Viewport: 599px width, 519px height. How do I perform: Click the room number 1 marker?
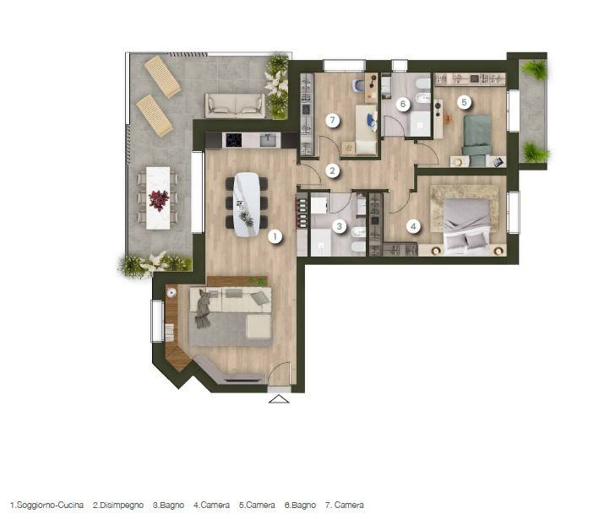(x=275, y=236)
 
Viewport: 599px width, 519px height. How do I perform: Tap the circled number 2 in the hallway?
(x=332, y=170)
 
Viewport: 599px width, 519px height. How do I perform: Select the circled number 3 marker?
(x=340, y=226)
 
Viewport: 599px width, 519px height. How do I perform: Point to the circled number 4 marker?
(x=413, y=226)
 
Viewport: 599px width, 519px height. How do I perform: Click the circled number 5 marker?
(x=464, y=102)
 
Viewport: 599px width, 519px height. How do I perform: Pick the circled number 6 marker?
(x=403, y=104)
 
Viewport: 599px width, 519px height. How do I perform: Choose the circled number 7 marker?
(x=333, y=121)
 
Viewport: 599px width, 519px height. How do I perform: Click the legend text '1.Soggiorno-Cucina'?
(x=46, y=505)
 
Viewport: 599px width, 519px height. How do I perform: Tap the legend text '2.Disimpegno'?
(x=118, y=505)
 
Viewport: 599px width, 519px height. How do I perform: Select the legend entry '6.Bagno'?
(x=300, y=505)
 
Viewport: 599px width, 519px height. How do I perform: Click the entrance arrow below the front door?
(x=279, y=399)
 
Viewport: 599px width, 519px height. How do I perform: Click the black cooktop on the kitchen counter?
(x=233, y=140)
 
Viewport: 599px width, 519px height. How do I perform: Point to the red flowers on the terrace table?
(x=159, y=200)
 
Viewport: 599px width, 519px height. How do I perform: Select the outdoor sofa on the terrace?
(x=235, y=105)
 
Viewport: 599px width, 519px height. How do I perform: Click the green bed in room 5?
(x=477, y=140)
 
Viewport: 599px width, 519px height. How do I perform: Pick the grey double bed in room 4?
(x=467, y=227)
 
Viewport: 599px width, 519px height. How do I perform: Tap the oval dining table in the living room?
(x=247, y=204)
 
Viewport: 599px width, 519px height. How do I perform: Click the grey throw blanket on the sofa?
(x=203, y=308)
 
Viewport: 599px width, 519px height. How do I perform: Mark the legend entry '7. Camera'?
(x=345, y=505)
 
